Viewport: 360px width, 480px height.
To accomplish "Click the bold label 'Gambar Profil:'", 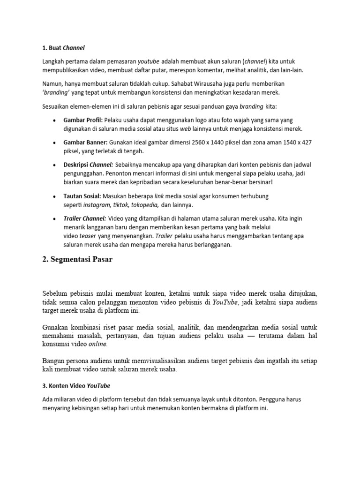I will tap(82, 120).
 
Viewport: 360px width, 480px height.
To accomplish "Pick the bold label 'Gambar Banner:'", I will tap(85, 142).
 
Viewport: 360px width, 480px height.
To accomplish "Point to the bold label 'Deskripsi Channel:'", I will tap(88, 165).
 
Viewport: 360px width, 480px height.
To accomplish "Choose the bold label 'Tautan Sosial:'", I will tap(82, 196).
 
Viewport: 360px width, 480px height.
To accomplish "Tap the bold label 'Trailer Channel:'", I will tap(85, 218).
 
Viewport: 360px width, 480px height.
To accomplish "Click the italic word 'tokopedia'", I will tap(145, 205).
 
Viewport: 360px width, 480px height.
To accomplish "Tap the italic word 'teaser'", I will tap(88, 236).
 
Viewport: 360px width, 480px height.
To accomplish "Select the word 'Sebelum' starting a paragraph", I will tap(56, 293).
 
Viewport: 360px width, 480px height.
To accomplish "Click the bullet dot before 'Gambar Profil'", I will tap(56, 120).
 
